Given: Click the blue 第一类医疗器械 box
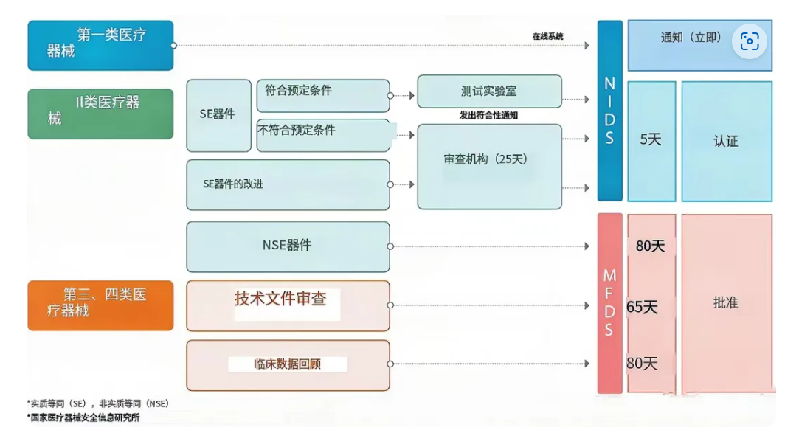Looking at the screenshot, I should tap(100, 45).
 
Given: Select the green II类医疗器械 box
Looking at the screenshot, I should tap(100, 114).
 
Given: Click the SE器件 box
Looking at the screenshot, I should tap(218, 115).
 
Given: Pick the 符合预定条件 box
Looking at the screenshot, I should tap(323, 95).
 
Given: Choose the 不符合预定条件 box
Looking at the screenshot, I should tap(323, 135).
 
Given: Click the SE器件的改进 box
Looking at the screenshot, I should tap(288, 184).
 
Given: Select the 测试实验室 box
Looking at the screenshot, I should tap(489, 91).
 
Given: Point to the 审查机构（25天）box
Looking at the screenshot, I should tap(489, 167).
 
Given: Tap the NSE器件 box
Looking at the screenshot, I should tap(288, 246).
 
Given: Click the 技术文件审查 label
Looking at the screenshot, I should tap(281, 299).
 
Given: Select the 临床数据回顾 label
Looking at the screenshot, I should tap(288, 364).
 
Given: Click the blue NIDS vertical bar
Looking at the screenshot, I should tap(609, 111).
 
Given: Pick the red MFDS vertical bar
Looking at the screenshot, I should tap(609, 303).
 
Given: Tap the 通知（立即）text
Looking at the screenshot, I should tap(691, 38).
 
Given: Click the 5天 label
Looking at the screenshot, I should tap(651, 140).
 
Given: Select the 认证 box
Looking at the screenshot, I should tap(726, 141).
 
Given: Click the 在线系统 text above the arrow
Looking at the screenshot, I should tap(547, 35).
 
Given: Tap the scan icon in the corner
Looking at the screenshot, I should tap(749, 42).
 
